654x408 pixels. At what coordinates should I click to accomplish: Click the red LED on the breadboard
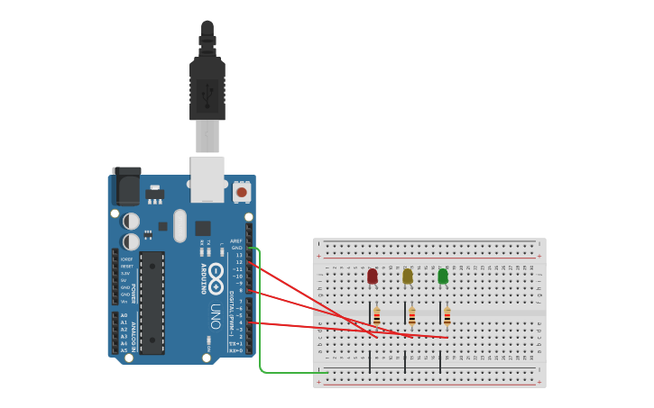pos(373,276)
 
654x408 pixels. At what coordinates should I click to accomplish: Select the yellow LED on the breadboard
pos(408,276)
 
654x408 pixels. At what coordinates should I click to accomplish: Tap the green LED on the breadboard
pos(443,276)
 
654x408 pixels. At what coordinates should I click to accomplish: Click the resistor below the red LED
pos(377,316)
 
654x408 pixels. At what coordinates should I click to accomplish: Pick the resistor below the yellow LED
pos(412,316)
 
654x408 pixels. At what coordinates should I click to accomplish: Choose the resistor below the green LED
pos(447,316)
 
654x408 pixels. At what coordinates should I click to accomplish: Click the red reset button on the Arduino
pos(242,192)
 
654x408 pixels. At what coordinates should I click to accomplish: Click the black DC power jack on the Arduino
pos(126,186)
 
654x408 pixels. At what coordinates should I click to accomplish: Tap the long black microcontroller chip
pos(152,303)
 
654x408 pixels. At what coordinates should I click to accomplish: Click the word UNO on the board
pos(216,315)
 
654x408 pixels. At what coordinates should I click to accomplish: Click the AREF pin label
pos(237,240)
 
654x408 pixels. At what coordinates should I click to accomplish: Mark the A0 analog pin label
pos(124,315)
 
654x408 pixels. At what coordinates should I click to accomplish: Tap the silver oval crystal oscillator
pos(180,225)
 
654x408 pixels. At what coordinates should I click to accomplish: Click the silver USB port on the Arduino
pos(207,178)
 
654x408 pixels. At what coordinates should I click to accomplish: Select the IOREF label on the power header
pos(127,259)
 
